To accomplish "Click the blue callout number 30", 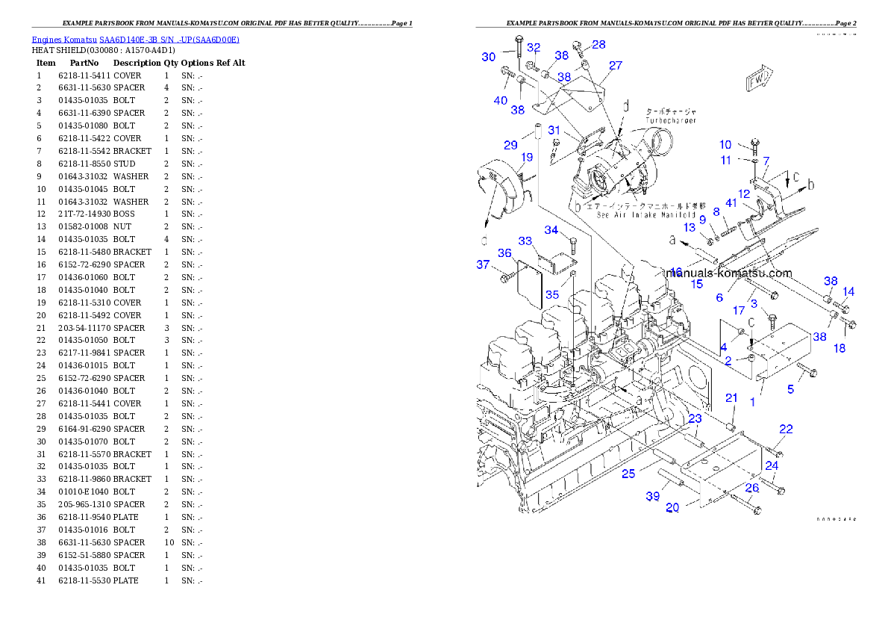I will pos(488,58).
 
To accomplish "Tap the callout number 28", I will pos(598,45).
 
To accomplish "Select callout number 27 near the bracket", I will pos(615,66).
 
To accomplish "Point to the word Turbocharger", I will pos(672,120).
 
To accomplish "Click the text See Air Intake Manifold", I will pos(647,214).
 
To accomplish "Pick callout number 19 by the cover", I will pos(527,158).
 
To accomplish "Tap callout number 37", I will pos(484,264).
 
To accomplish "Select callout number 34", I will pos(551,230).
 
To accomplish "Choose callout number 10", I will pos(725,145).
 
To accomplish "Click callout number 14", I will pos(848,292).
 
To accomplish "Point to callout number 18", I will pos(839,348).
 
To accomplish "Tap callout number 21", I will pos(731,398).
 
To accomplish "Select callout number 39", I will pos(653,496).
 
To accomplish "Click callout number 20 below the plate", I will pos(672,508).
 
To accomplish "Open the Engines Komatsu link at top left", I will pos(135,39).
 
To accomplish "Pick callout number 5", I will pos(791,388).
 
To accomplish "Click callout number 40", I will pos(500,100).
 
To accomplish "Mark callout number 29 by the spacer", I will pos(510,145).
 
